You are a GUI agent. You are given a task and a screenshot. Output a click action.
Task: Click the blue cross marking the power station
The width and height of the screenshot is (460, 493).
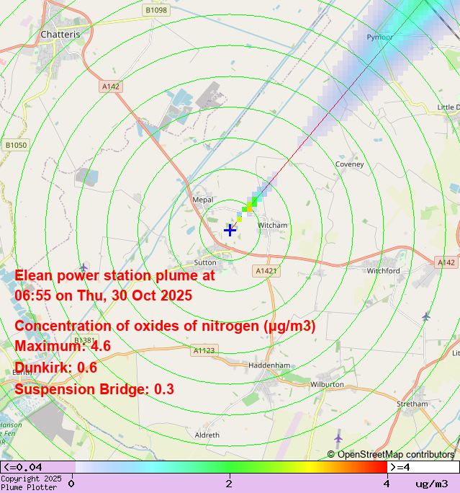coord(230,230)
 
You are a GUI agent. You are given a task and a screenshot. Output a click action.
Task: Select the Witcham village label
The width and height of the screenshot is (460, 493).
coord(272,226)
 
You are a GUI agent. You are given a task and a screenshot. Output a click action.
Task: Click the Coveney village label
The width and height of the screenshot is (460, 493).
coord(350,164)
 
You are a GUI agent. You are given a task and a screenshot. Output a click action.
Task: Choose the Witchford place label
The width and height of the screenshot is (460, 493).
coord(383,271)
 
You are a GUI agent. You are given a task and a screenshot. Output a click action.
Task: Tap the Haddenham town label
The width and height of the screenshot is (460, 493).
coord(269,365)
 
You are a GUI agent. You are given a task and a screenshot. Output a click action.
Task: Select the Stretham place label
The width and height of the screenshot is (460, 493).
coord(412,404)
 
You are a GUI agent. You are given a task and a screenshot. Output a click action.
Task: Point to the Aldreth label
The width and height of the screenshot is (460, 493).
coord(207,435)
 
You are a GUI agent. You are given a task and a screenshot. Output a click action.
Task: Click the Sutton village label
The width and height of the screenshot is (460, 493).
coord(205,263)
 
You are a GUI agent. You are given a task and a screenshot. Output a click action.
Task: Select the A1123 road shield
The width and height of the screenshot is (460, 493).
coord(204,351)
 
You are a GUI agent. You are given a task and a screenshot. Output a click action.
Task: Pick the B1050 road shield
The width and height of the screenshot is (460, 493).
coord(16,145)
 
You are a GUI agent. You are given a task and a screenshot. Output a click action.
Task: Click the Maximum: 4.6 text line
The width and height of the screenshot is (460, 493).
coord(63,346)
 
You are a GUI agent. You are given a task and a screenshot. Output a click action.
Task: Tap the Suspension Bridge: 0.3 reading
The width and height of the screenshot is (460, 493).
coord(94,389)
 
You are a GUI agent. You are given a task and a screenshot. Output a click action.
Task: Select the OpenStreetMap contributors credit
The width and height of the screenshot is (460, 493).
coord(391,454)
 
